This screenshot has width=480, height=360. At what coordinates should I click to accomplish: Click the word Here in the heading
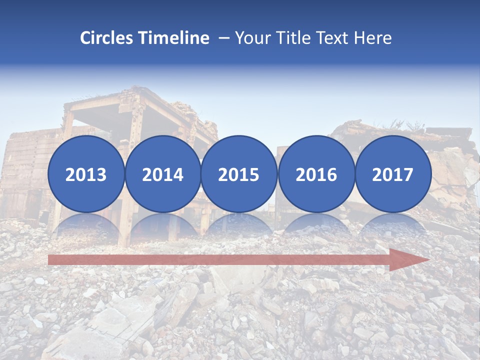(373, 38)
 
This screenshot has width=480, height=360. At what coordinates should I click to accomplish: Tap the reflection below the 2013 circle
(86, 224)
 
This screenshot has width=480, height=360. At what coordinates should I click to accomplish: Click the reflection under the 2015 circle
(239, 224)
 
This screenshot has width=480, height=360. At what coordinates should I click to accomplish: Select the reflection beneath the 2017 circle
(392, 224)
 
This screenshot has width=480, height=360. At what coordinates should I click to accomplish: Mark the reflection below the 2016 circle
(316, 224)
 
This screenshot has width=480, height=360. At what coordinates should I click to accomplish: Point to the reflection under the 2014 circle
(162, 224)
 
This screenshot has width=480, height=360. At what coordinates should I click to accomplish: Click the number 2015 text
(239, 175)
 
